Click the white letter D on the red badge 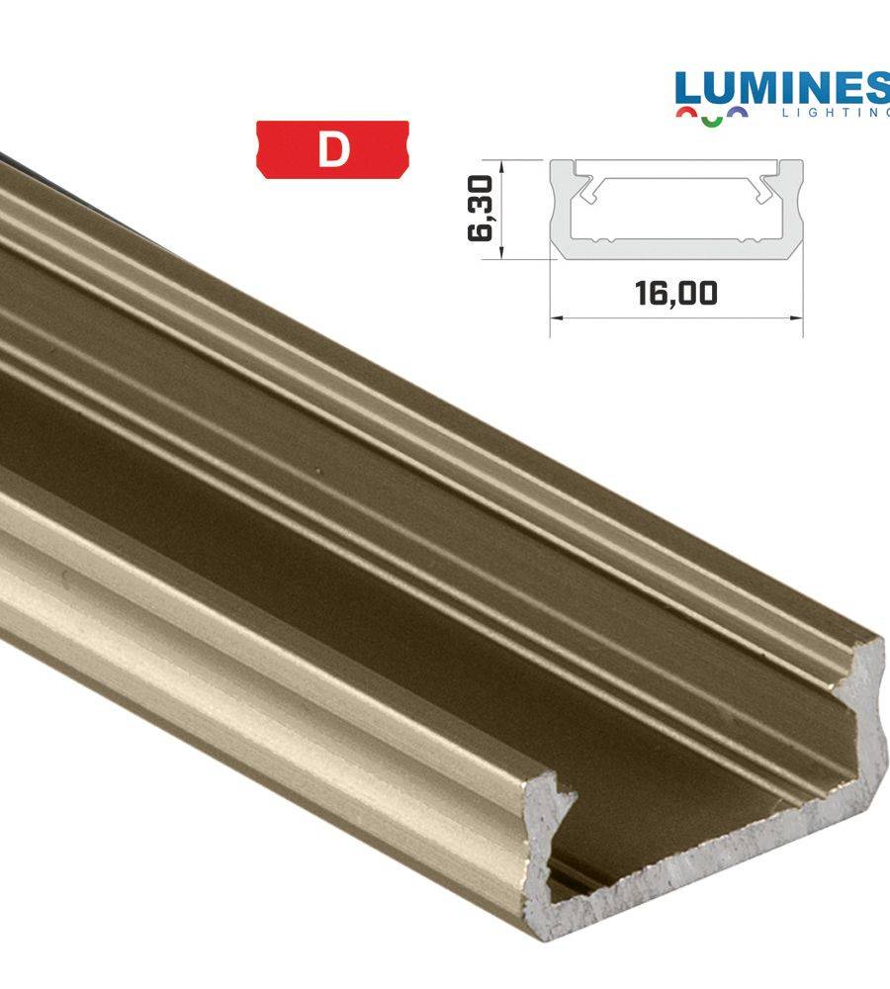pos(333,149)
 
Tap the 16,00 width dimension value pos(676,294)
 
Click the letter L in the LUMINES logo pos(692,90)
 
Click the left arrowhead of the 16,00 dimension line pos(555,317)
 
